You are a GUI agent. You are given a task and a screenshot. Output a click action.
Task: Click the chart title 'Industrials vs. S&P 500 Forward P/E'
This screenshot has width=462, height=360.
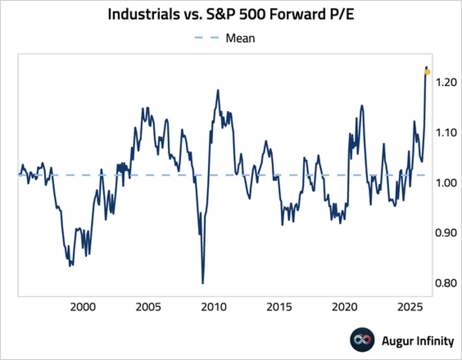coord(231,15)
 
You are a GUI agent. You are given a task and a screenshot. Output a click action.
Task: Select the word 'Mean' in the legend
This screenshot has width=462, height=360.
coord(240,38)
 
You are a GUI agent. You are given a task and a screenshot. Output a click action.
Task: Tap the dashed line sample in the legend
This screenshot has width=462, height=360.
coord(208,38)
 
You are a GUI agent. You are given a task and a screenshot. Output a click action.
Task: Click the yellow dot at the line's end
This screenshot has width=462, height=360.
coord(427,72)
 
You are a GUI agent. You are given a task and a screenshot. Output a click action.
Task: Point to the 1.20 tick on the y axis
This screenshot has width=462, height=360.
coord(446,82)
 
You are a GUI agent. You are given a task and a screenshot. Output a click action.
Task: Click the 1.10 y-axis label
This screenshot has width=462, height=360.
coord(446,132)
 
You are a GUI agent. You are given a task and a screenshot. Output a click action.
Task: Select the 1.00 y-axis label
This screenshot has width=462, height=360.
coord(446,183)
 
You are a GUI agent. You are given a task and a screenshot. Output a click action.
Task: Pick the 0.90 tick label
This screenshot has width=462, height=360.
coord(446,233)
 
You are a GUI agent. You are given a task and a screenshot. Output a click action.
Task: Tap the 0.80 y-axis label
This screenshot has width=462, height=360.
coord(446,283)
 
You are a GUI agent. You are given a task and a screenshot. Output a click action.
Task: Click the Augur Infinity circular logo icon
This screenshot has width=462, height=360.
coord(362,340)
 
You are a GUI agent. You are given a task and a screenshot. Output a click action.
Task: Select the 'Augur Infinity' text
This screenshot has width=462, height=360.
coord(417,341)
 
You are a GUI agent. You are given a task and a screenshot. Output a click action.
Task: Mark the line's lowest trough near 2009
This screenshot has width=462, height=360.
coord(203,283)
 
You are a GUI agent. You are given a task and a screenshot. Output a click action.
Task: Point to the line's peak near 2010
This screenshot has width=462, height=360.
coord(218,90)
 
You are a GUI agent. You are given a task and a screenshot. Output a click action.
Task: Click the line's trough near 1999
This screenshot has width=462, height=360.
coord(70,266)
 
